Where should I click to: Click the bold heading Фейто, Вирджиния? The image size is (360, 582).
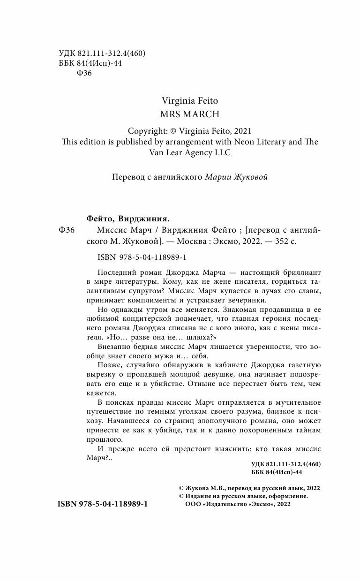tap(128, 218)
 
